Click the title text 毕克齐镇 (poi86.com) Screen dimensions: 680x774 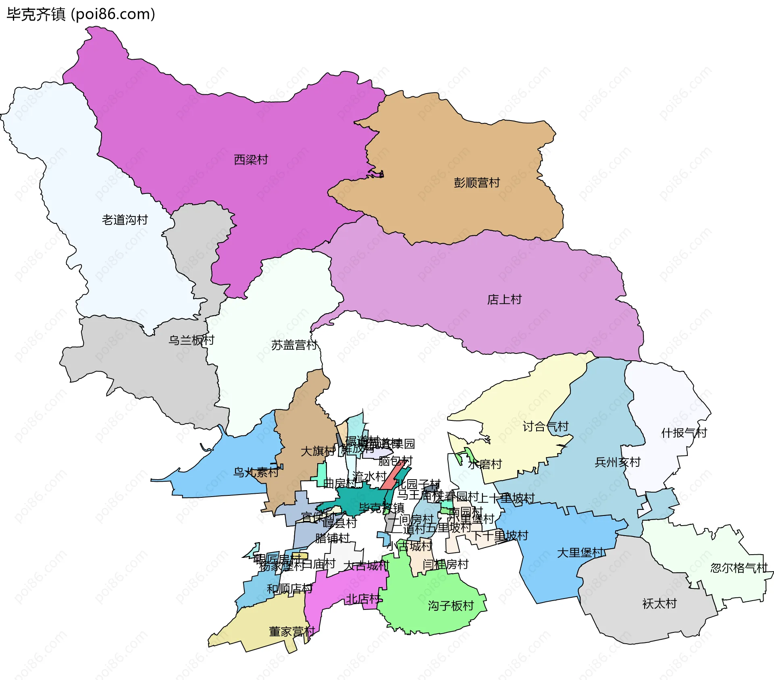pos(81,15)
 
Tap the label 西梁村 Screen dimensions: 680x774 pos(251,160)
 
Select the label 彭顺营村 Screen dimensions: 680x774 pos(476,183)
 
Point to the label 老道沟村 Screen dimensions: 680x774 pos(125,220)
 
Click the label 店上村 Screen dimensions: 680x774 pos(504,299)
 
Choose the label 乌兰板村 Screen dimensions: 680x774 pos(191,340)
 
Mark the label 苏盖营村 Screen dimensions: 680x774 pos(294,345)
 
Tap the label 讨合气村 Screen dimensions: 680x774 pos(545,426)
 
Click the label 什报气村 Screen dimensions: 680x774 pos(684,433)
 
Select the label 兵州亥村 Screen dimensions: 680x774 pos(618,462)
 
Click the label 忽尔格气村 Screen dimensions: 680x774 pos(739,568)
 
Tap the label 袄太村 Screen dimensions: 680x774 pos(659,603)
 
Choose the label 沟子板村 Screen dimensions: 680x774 pos(451,605)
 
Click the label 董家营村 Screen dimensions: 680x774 pos(292,632)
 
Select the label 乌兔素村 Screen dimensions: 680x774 pos(256,472)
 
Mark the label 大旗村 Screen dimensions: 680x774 pos(318,451)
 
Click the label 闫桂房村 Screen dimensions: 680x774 pos(445,564)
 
